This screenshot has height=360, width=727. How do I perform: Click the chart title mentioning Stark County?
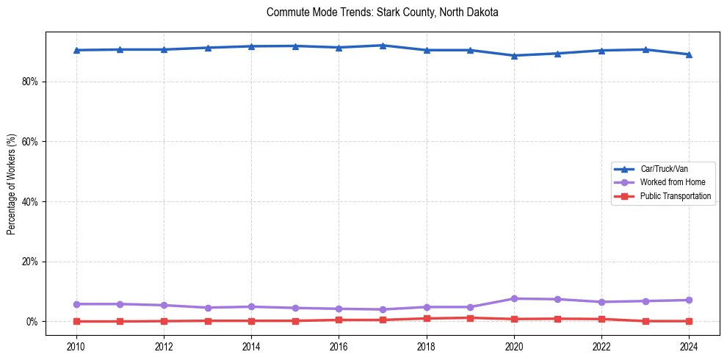[383, 12]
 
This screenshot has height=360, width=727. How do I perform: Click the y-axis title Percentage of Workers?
[12, 184]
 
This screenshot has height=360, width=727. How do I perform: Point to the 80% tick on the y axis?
[29, 82]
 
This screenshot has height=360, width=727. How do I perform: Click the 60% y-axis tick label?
[29, 141]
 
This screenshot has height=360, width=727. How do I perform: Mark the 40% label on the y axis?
[29, 201]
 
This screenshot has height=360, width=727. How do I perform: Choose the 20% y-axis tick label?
[29, 262]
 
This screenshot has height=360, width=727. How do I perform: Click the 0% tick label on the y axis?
[32, 322]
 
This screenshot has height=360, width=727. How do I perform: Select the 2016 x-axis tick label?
[339, 346]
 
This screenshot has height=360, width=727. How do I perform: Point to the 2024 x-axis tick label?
[689, 346]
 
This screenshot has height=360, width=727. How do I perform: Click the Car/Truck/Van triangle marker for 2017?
[383, 46]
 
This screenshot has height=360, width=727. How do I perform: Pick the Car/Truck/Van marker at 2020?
[514, 56]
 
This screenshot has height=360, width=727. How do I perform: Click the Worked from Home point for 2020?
[514, 298]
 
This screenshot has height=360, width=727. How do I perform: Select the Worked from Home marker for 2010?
[76, 304]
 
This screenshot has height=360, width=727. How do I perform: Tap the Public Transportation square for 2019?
[470, 318]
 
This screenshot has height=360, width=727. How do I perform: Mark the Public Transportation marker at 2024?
[689, 321]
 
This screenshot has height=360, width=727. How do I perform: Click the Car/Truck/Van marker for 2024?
[689, 54]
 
